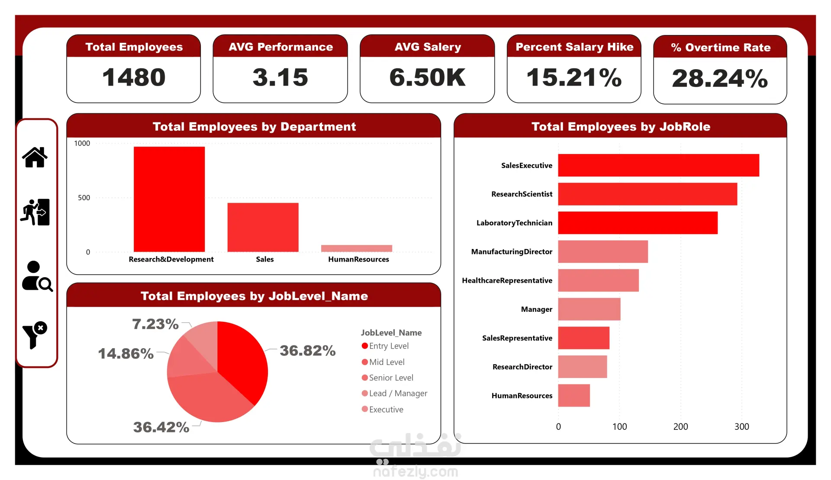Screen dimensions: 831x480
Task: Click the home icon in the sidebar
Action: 35,157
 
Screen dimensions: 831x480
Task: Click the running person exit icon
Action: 35,212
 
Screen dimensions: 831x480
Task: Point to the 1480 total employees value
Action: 134,77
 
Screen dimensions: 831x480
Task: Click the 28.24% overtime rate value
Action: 720,78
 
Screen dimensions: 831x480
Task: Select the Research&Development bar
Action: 169,199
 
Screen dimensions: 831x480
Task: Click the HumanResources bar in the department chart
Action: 357,248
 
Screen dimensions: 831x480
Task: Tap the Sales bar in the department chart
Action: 263,227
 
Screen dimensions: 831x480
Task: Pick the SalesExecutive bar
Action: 658,165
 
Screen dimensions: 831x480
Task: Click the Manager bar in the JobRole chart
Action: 589,309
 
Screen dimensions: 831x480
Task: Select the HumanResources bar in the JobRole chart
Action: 574,395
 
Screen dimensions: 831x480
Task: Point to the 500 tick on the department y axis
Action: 84,198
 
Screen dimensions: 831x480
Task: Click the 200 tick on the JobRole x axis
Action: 680,426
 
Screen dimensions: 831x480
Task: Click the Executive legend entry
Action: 383,409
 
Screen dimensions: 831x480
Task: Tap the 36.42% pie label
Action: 161,427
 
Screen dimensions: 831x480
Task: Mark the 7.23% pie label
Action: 155,324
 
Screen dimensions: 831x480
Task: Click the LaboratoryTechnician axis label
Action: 514,223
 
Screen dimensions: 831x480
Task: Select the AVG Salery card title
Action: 428,47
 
